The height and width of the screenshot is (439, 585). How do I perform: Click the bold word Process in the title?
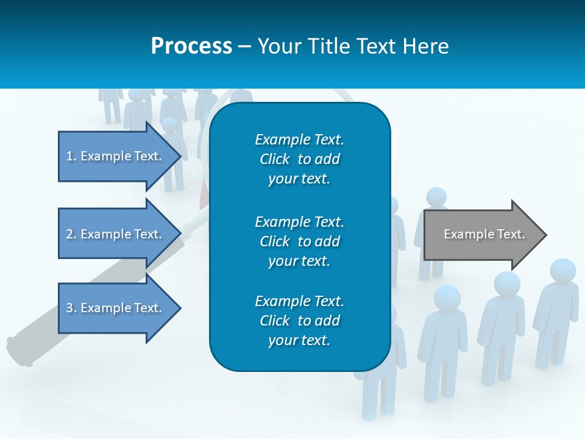pyautogui.click(x=191, y=46)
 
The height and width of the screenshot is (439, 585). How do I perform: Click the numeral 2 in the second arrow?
pyautogui.click(x=69, y=234)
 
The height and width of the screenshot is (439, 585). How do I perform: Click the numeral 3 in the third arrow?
pyautogui.click(x=69, y=308)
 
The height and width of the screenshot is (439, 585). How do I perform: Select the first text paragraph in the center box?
pyautogui.click(x=299, y=159)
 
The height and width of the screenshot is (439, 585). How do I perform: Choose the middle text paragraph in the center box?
pyautogui.click(x=299, y=241)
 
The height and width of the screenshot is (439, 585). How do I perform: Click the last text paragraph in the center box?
pyautogui.click(x=299, y=321)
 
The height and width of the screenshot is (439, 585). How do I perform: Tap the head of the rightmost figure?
pyautogui.click(x=562, y=271)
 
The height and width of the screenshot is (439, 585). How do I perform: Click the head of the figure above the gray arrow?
pyautogui.click(x=436, y=197)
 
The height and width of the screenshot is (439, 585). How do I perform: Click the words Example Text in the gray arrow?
pyautogui.click(x=484, y=234)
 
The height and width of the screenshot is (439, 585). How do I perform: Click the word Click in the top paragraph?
pyautogui.click(x=274, y=159)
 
